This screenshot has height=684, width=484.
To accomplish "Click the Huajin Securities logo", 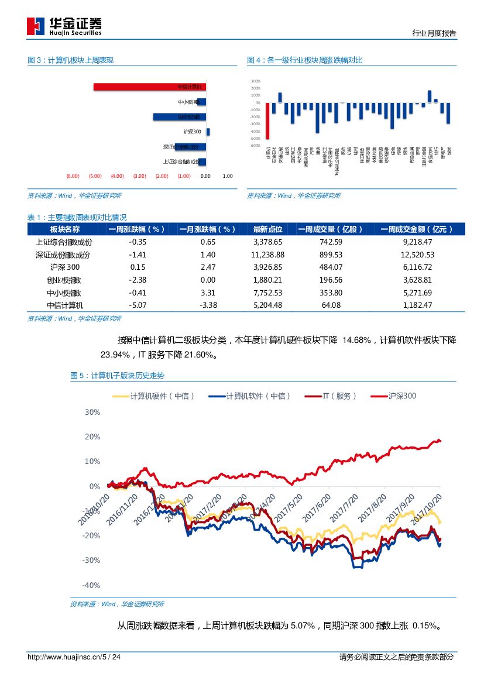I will pos(64,26).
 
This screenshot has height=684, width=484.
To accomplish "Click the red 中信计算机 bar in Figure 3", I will pos(150,87).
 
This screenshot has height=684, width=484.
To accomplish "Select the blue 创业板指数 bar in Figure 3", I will pos(180,116).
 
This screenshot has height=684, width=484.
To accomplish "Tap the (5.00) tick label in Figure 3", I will pos(95,176).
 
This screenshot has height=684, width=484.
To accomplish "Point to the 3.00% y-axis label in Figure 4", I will pos(255,81).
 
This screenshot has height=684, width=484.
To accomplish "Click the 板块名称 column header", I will pos(64,229).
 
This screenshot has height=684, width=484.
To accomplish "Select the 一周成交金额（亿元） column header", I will pos(417,229).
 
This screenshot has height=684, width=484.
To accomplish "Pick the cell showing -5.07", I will pos(137,305).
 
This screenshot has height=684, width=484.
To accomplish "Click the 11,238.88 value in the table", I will pos(267,255).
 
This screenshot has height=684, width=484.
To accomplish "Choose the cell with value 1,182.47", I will pos(417,305).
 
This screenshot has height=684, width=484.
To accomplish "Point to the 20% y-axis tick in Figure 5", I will pos(93,436).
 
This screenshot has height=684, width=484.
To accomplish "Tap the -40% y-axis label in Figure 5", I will pos(91,585).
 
